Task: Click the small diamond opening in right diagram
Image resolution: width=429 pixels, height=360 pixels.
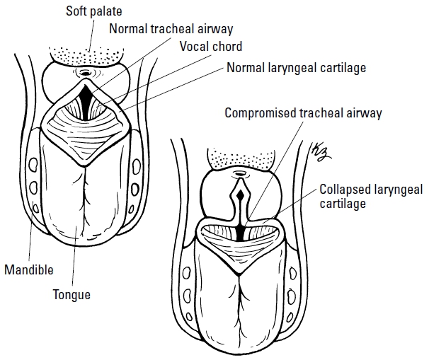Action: coord(240,193)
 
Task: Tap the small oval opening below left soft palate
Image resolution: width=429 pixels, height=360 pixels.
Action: coord(86,71)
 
